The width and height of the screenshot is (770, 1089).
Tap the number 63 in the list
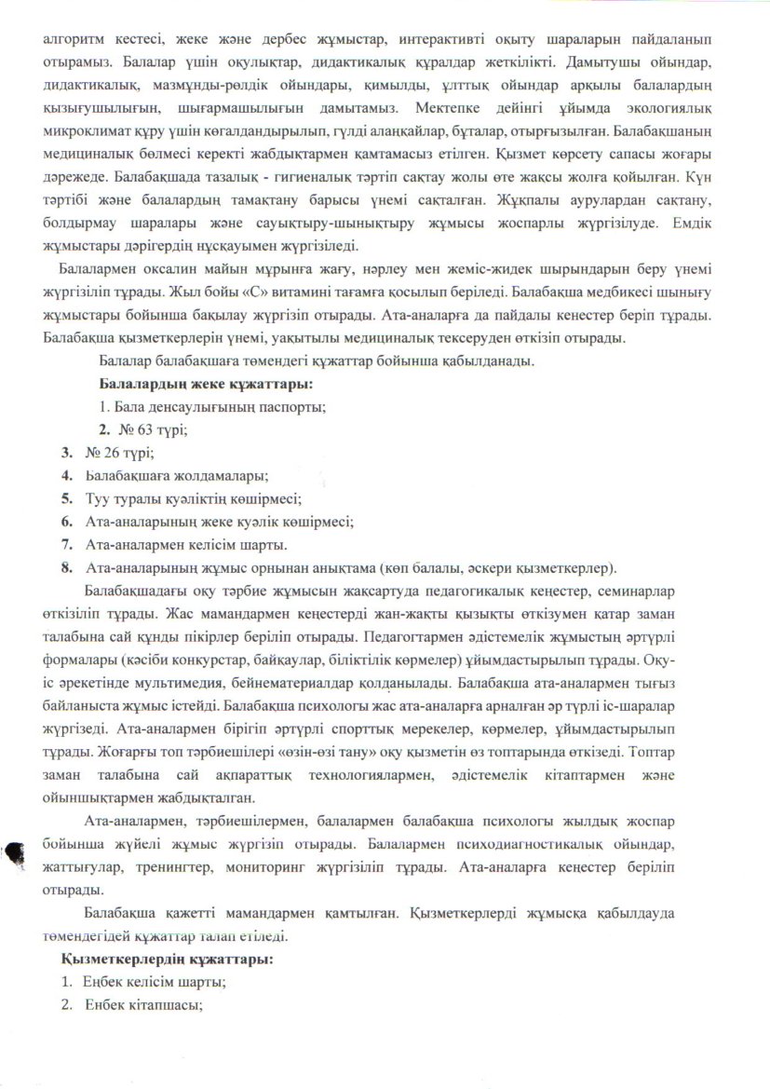coord(140,429)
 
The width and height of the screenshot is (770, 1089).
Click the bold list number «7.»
coord(68,544)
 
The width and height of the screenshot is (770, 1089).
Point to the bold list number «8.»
coord(68,566)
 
